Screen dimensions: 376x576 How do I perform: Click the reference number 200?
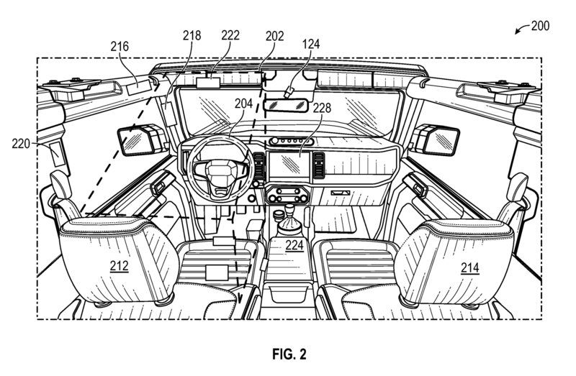coord(539,26)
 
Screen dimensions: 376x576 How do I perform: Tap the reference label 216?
coord(120,46)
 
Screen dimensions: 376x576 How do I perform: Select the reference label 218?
coord(192,35)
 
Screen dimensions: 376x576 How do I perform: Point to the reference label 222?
coord(231,35)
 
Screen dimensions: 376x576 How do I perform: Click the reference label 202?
coord(274,35)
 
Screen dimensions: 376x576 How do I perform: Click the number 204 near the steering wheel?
coord(243,104)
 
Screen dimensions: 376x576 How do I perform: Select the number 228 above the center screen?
coord(322,108)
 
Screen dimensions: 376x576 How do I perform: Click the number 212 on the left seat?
coord(119,267)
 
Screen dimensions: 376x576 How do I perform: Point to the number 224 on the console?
coord(294,244)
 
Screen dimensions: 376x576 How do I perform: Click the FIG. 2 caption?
coord(289,354)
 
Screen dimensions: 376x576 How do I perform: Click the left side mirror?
coord(134,139)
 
